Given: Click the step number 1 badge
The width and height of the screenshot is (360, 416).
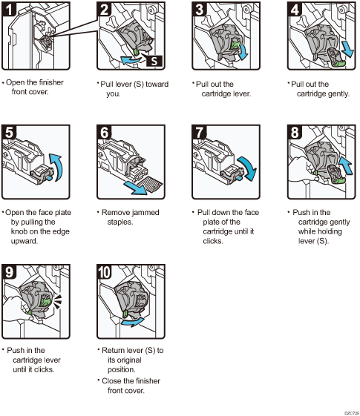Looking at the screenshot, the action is click(9, 9).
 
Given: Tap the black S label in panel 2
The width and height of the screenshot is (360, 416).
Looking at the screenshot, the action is click(154, 61).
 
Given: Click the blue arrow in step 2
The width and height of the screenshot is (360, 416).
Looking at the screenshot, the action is click(130, 60).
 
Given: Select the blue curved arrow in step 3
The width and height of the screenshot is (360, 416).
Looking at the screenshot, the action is click(243, 52).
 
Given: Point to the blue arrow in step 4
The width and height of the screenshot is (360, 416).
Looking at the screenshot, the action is click(348, 49).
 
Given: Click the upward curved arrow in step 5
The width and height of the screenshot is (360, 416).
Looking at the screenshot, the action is click(57, 167).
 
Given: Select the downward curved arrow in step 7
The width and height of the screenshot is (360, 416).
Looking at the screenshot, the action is click(248, 168).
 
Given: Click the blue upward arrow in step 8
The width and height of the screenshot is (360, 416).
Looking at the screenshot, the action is click(346, 165).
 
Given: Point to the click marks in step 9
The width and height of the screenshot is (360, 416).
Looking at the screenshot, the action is click(57, 301).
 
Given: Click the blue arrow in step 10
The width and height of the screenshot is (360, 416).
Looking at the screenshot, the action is click(133, 322).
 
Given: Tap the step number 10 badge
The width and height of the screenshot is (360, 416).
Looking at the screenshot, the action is click(105, 271).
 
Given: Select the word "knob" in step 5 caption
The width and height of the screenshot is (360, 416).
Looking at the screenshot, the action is click(19, 231).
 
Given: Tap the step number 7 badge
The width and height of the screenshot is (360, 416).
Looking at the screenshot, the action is click(200, 132).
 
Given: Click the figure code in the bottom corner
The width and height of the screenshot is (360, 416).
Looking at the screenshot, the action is click(352, 413).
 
